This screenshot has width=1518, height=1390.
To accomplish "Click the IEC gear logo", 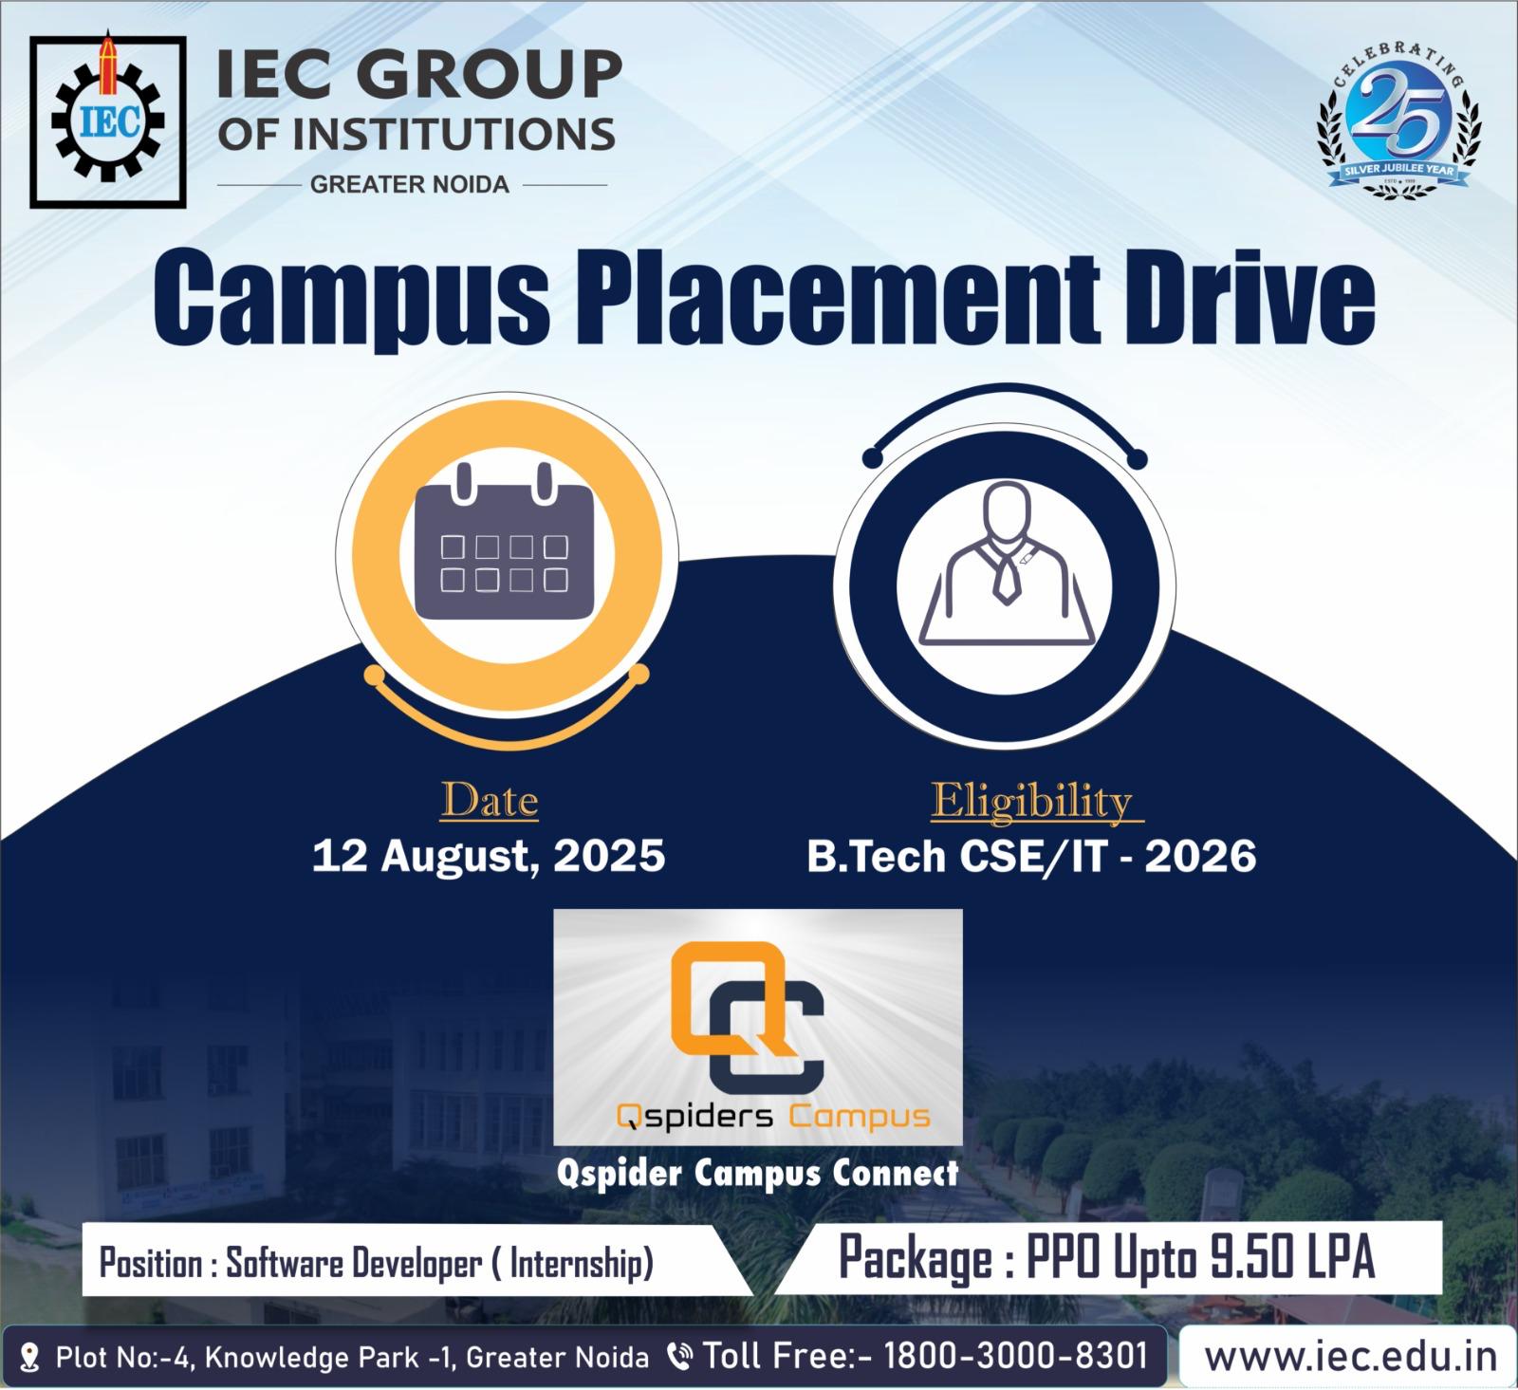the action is pyautogui.click(x=107, y=120).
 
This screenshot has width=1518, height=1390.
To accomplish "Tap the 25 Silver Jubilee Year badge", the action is pyautogui.click(x=1399, y=120).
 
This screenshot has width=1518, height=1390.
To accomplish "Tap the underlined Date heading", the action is pyautogui.click(x=489, y=802).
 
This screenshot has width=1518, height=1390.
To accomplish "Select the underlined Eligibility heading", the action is pyautogui.click(x=1033, y=802).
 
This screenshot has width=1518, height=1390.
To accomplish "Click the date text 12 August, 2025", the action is pyautogui.click(x=489, y=856).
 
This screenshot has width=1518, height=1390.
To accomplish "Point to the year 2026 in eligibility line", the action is pyautogui.click(x=1200, y=856).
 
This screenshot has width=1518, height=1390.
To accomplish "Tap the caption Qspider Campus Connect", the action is pyautogui.click(x=757, y=1174).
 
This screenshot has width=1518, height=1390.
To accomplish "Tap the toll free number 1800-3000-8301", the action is pyautogui.click(x=1016, y=1355).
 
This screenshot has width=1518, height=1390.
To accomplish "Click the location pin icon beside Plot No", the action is pyautogui.click(x=29, y=1357).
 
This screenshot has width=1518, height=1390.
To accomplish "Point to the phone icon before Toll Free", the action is pyautogui.click(x=679, y=1357).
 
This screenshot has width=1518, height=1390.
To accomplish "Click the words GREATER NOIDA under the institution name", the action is pyautogui.click(x=410, y=184).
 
